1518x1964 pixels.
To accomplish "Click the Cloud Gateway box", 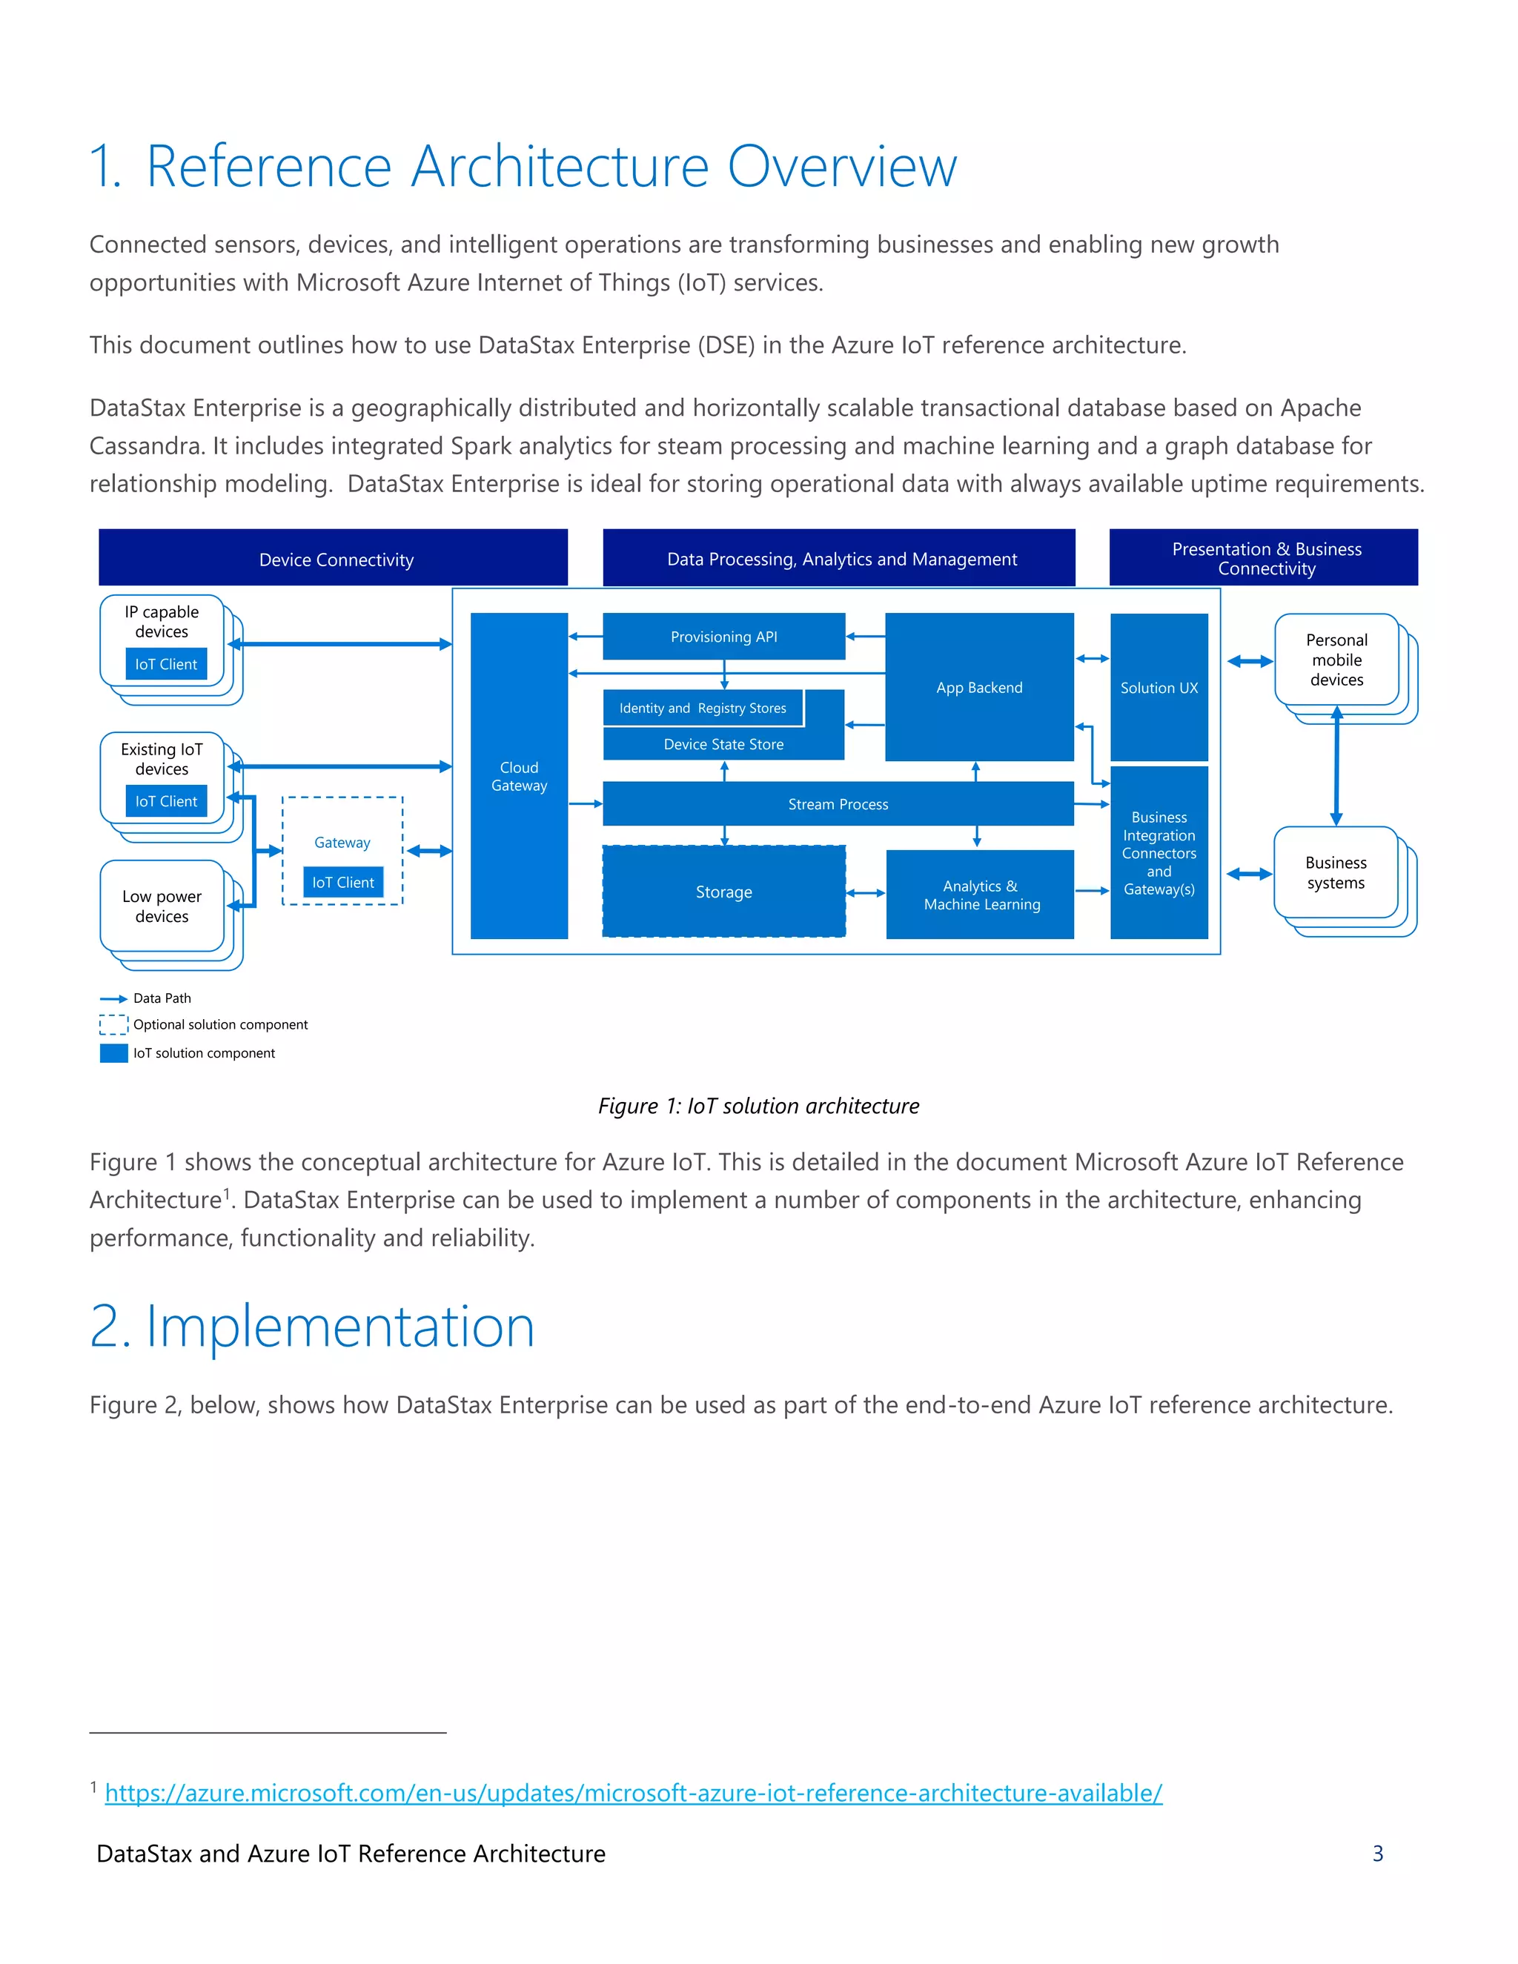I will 519,775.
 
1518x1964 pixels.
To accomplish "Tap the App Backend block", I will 978,687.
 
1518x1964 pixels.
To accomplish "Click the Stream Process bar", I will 838,804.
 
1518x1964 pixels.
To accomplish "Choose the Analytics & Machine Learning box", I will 979,895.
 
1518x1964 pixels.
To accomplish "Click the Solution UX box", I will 1159,687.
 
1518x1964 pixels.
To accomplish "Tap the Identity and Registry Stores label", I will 703,708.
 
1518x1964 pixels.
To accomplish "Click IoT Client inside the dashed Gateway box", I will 342,882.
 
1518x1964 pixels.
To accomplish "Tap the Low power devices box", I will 162,906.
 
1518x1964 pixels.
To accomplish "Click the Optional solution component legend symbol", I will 113,1024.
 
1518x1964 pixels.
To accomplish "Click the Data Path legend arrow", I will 113,998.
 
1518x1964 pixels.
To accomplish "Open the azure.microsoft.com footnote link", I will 633,1792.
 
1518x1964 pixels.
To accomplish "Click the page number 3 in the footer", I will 1377,1854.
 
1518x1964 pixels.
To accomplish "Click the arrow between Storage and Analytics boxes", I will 865,892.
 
